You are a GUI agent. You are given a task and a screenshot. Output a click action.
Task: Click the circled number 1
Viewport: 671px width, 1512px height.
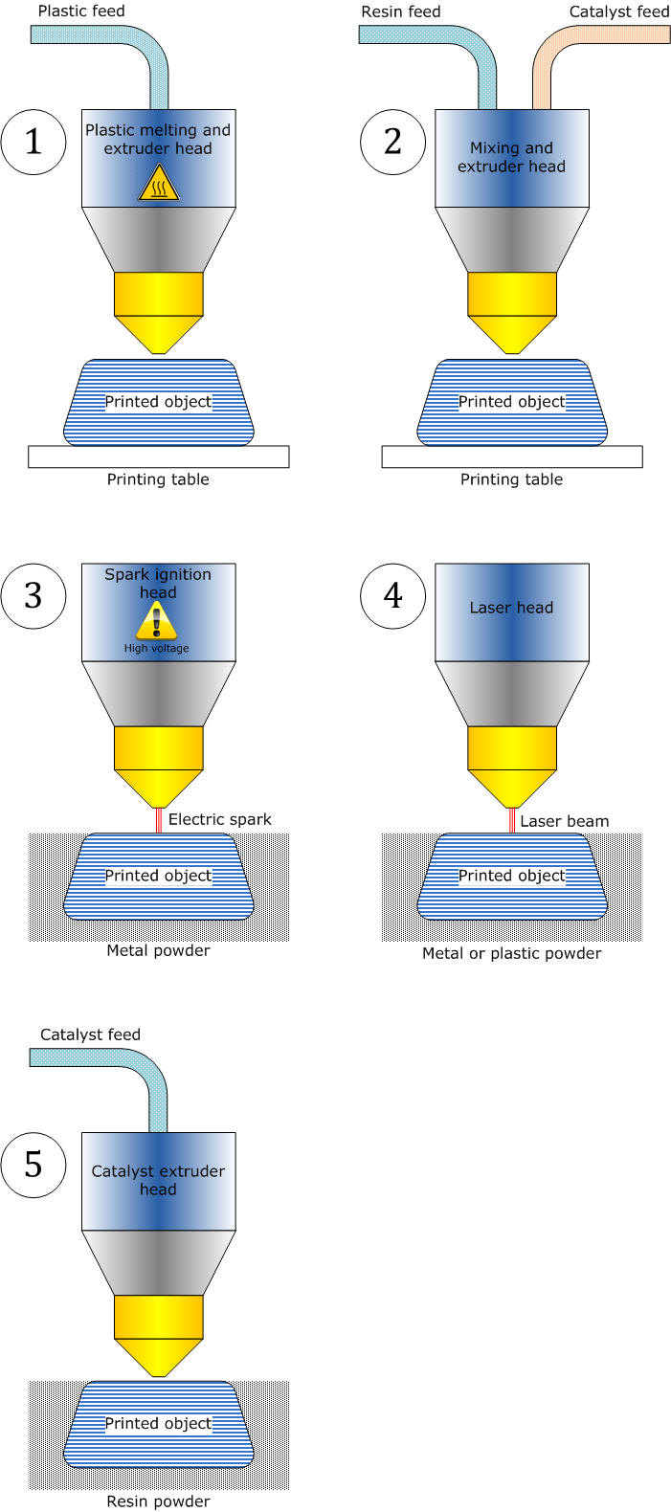(x=34, y=142)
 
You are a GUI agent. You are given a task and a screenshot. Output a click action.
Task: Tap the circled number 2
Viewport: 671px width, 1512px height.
(x=392, y=142)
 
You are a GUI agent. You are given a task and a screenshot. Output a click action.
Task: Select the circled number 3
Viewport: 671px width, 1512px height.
(x=34, y=595)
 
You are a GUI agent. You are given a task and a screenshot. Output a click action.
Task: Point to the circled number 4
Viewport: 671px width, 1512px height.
(x=392, y=595)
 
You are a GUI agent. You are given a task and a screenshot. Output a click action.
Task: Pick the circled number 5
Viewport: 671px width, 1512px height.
(x=34, y=1165)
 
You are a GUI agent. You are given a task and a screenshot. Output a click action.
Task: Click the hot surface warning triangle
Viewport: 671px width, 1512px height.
(x=159, y=183)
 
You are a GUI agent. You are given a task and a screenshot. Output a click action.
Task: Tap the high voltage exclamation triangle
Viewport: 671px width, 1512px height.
(x=157, y=622)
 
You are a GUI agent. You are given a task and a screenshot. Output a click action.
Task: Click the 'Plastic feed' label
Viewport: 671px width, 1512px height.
(x=81, y=11)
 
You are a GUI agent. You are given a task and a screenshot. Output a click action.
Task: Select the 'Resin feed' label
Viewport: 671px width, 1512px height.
(x=401, y=11)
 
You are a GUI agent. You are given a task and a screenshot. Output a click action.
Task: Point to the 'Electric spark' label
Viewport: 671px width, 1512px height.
(x=220, y=819)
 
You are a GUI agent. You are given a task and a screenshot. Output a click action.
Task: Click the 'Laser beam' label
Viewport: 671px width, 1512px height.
(x=564, y=821)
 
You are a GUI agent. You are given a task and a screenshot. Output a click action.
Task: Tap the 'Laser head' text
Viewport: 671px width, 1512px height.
(x=511, y=608)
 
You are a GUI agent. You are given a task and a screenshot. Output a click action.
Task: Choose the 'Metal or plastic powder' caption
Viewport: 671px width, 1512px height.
(x=511, y=953)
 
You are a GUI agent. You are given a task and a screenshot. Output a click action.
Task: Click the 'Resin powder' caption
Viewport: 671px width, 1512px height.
(x=158, y=1501)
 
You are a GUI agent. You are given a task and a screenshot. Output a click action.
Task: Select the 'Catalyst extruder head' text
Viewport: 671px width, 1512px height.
(x=158, y=1180)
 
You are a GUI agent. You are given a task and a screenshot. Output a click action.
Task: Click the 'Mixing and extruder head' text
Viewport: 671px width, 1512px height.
(x=511, y=157)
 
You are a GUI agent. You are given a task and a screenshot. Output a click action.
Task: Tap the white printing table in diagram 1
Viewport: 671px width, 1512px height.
(x=158, y=456)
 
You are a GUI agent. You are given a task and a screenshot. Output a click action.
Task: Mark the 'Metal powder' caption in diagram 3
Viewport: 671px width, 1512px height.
(x=158, y=950)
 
